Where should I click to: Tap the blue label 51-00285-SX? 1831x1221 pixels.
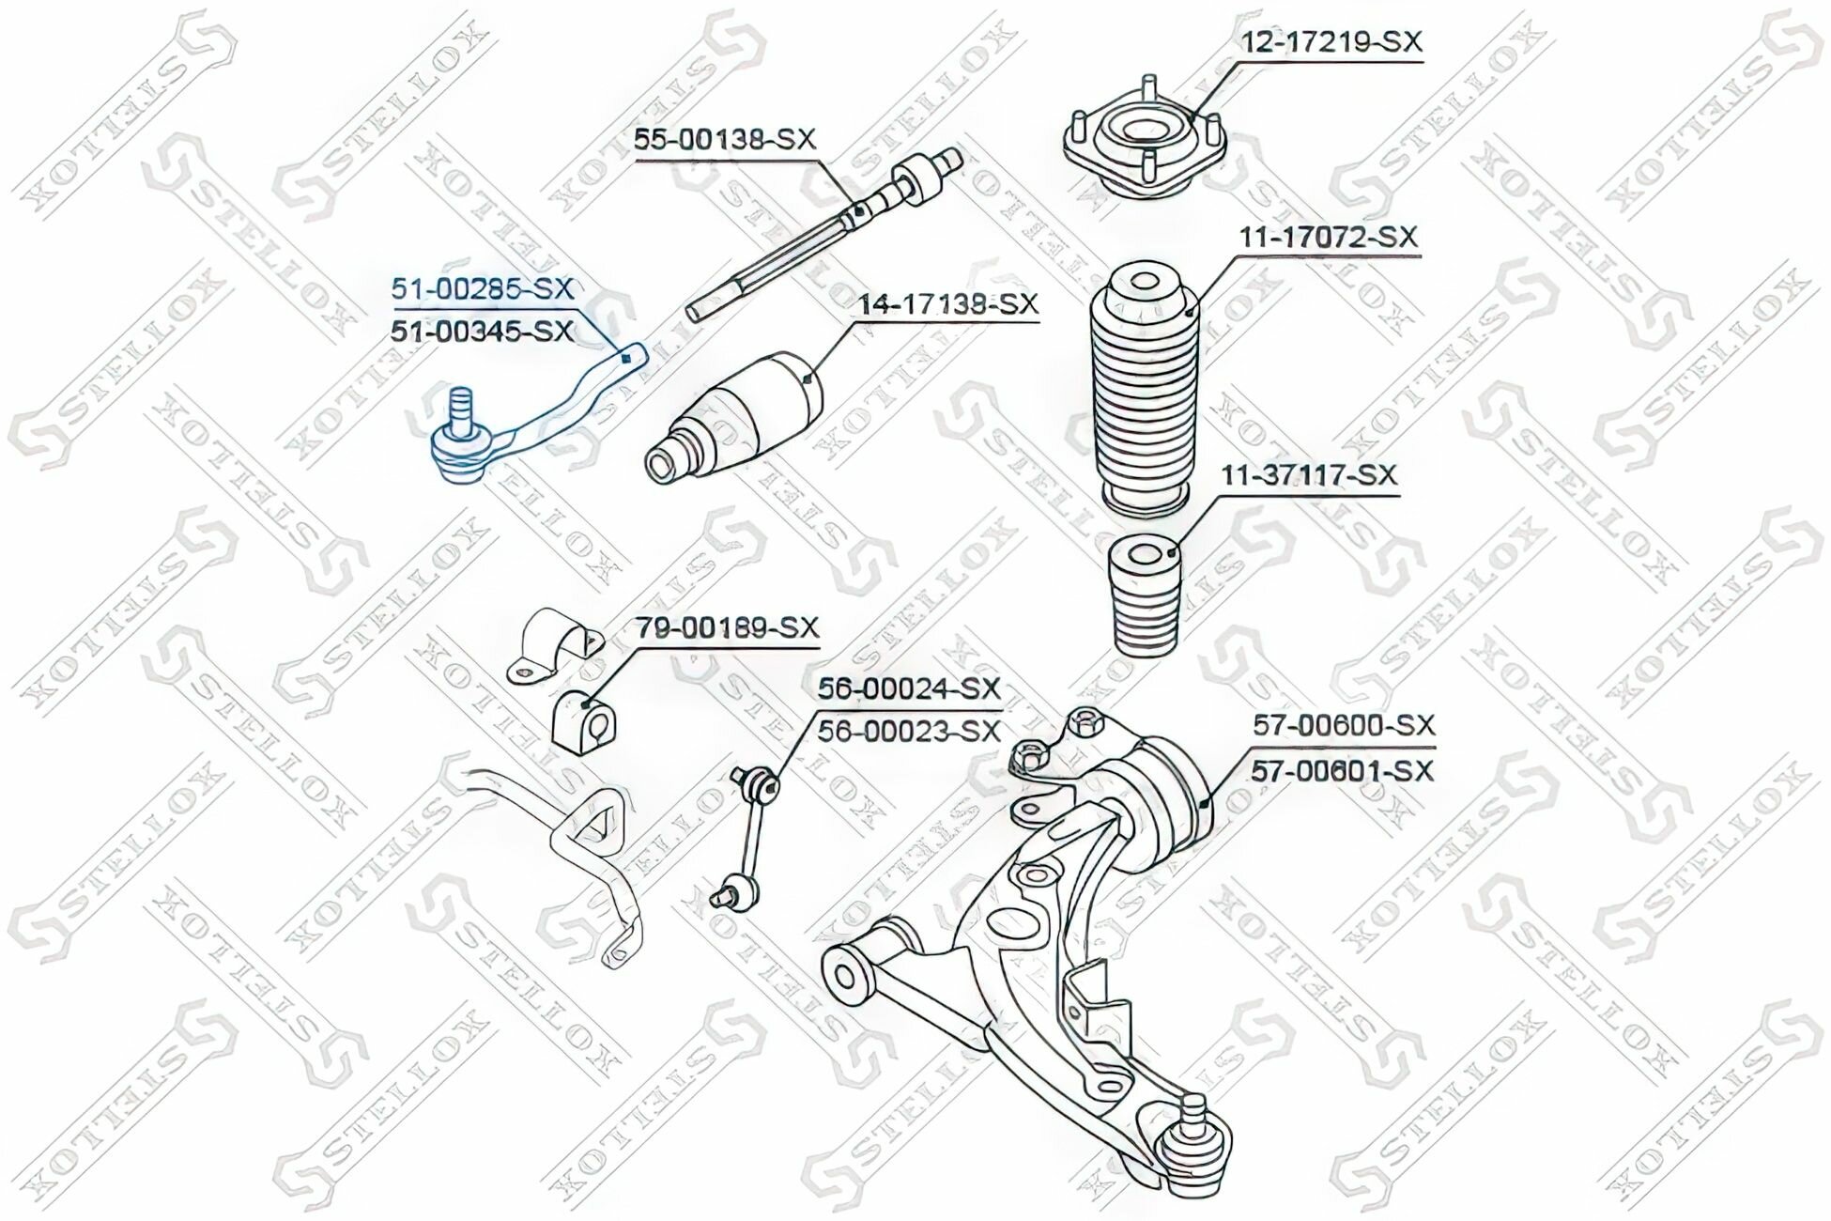pyautogui.click(x=483, y=289)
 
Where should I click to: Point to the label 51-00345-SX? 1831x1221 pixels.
pyautogui.click(x=483, y=331)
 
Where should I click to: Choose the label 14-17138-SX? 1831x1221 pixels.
pyautogui.click(x=947, y=304)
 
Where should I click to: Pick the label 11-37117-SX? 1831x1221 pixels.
pyautogui.click(x=1308, y=475)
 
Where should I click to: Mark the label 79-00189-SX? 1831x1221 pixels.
pyautogui.click(x=728, y=626)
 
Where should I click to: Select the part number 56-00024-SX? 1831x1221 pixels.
pyautogui.click(x=908, y=688)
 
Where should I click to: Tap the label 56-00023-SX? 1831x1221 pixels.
pyautogui.click(x=908, y=731)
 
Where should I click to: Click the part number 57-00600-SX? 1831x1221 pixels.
pyautogui.click(x=1344, y=725)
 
